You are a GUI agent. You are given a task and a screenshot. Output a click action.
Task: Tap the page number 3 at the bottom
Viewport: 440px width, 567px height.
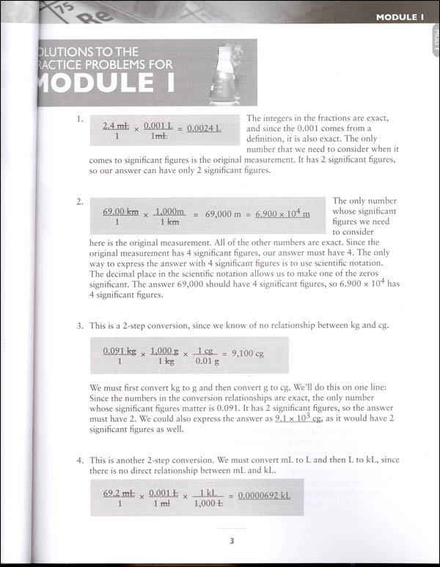click(231, 542)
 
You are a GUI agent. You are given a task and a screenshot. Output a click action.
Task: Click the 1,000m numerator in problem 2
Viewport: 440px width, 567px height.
click(169, 210)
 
